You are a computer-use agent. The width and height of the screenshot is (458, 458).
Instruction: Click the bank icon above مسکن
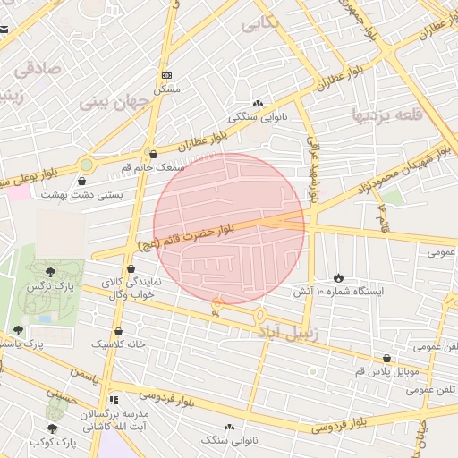tap(166, 76)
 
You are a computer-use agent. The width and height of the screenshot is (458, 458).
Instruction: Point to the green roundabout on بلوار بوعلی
tap(86, 165)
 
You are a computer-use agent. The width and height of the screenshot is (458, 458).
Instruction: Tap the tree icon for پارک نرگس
tap(49, 272)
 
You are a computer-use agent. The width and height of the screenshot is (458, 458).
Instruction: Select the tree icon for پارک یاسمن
tap(18, 330)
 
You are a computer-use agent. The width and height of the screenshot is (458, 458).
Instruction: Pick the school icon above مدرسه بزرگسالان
tap(113, 400)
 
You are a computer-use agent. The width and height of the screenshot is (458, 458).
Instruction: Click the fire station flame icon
tap(337, 276)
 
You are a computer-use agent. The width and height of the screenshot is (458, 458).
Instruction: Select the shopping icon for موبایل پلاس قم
tap(386, 357)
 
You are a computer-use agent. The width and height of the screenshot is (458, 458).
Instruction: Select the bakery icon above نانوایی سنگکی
tap(259, 104)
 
